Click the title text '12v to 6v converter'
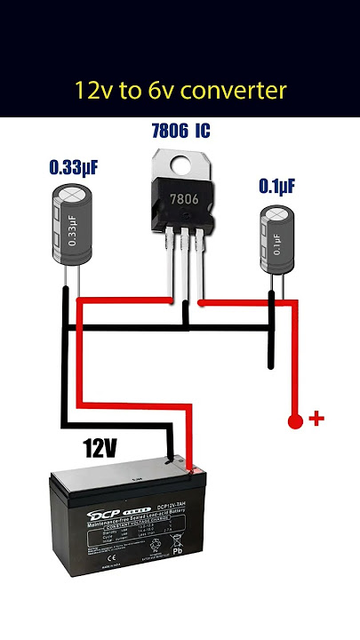click(180, 91)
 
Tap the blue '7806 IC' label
click(180, 132)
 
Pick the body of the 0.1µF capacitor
click(277, 240)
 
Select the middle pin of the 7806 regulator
click(185, 271)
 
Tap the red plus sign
click(311, 418)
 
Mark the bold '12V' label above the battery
click(100, 449)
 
